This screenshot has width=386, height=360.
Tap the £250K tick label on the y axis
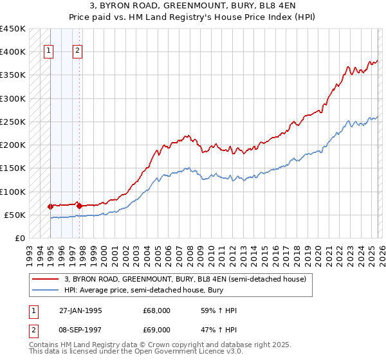tap(12, 122)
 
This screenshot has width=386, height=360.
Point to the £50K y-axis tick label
tap(15, 215)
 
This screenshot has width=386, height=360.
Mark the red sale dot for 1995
tap(50, 206)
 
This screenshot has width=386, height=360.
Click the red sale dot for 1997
tap(78, 206)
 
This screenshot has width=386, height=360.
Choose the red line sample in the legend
tap(46, 279)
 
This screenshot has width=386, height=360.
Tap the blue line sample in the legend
tap(46, 291)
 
